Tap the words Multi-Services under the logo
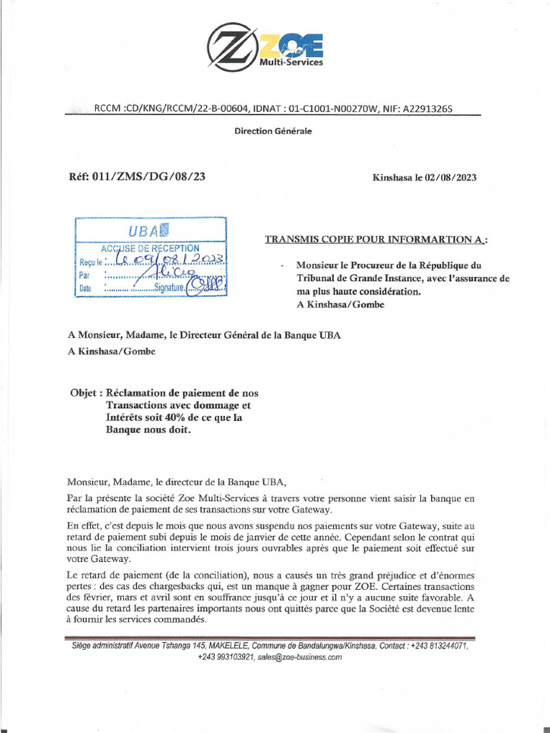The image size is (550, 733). pos(291,62)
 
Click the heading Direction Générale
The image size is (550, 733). pos(274,131)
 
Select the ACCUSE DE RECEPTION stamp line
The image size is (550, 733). pos(150,248)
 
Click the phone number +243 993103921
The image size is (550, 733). pos(226,656)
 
